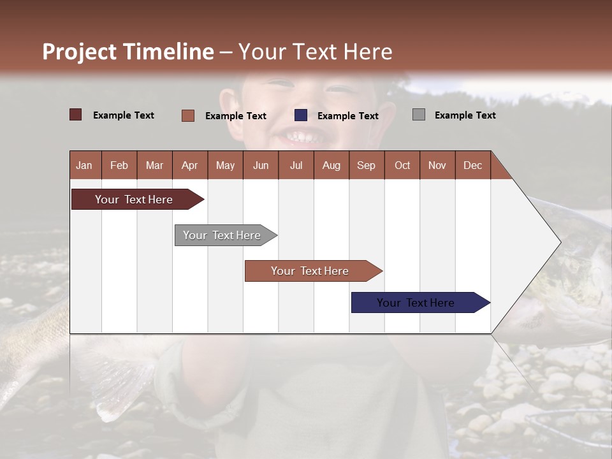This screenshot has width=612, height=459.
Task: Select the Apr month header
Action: [190, 165]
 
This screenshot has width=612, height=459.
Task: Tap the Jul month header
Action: [296, 165]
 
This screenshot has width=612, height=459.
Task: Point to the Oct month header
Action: [402, 165]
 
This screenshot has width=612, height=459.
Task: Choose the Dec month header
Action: [473, 165]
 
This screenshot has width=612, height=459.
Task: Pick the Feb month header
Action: [119, 165]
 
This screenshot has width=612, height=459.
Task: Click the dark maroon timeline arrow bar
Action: [138, 199]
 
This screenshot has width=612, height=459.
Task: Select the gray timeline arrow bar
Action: [226, 235]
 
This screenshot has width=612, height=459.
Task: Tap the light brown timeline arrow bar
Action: [314, 271]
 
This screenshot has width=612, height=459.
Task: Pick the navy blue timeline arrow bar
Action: [421, 302]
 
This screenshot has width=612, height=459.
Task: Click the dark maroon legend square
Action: [75, 115]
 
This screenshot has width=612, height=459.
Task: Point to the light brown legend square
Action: [188, 115]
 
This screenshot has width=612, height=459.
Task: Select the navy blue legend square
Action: [300, 115]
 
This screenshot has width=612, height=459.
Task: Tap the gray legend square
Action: [419, 115]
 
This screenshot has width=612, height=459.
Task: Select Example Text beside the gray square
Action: [465, 115]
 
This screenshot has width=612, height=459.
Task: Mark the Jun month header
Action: [261, 165]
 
